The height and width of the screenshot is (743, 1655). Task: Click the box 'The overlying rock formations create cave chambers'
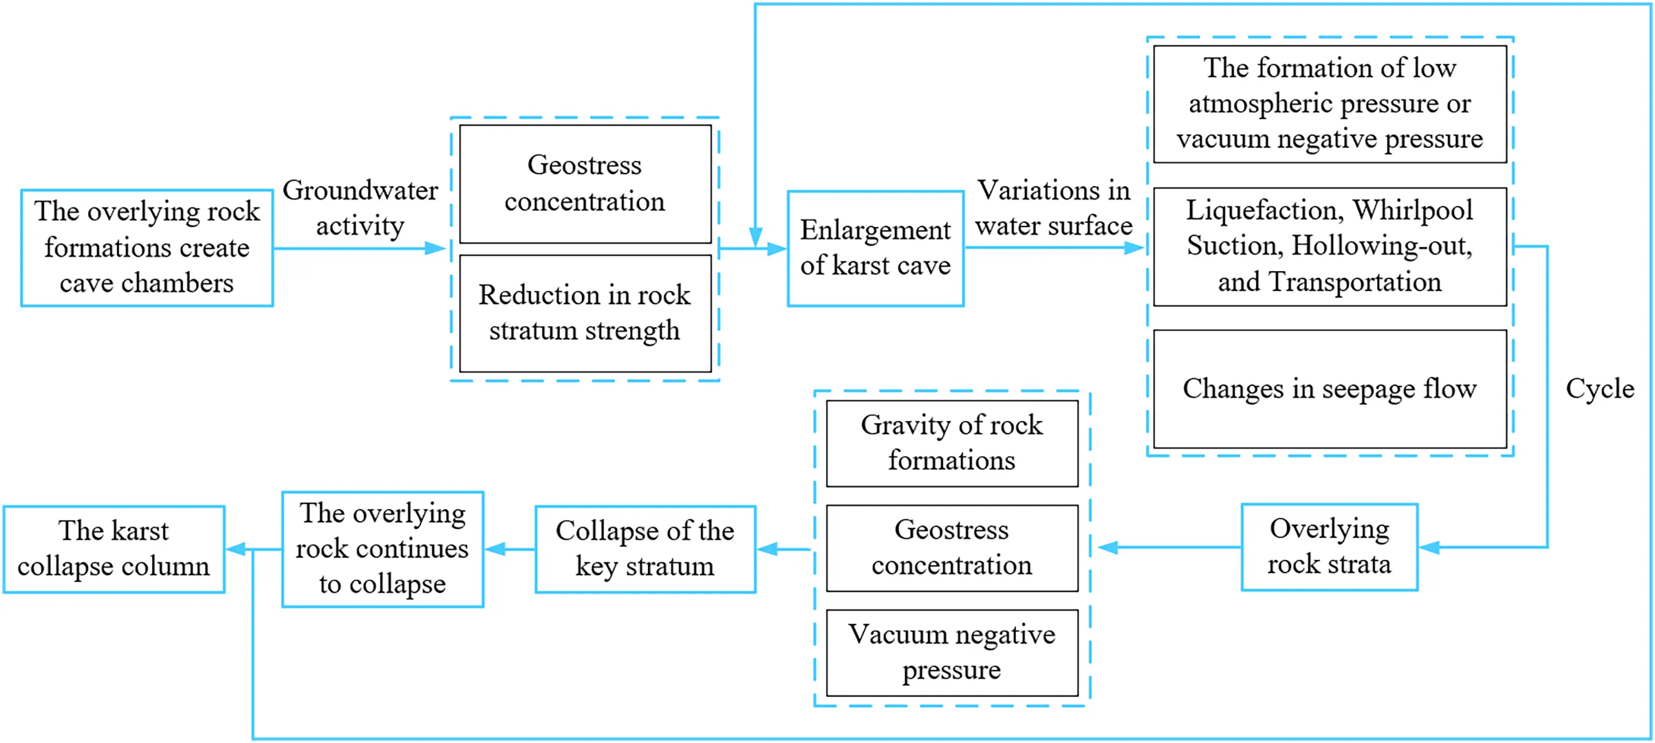147,247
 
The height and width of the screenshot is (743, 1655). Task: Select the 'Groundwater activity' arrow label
360,207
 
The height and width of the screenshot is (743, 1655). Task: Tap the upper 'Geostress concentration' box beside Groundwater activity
585,184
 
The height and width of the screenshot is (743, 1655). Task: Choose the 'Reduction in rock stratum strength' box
585,313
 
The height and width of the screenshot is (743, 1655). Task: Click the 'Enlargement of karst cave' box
875,248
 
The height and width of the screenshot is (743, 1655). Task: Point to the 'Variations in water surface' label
1054,207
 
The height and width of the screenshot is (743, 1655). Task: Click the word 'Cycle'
1599,388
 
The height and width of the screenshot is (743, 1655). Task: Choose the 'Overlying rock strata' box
1328,547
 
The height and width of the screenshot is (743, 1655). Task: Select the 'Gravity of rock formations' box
951,443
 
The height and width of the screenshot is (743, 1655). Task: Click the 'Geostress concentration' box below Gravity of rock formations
951,548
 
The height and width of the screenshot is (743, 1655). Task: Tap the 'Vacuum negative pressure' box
951,653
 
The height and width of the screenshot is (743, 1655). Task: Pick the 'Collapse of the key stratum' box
645,549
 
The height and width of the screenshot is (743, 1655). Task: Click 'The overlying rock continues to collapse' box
382,549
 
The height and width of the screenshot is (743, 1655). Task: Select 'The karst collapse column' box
113,549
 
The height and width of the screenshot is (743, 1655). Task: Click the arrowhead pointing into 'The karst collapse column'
235,549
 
